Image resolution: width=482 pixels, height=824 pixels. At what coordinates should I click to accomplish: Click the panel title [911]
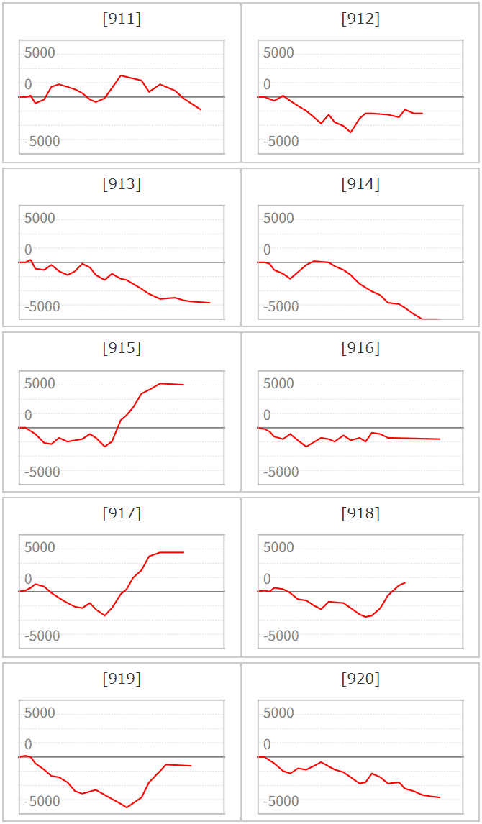[x=122, y=19]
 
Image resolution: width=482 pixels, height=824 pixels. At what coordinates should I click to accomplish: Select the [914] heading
[x=360, y=185]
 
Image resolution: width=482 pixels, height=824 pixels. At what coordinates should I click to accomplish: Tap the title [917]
[x=122, y=513]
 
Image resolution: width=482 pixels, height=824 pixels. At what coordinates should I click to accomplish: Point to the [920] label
[x=360, y=679]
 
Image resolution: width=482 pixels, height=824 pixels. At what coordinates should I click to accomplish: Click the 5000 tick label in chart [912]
[x=278, y=53]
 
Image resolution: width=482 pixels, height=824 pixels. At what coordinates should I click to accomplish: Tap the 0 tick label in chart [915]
[x=28, y=415]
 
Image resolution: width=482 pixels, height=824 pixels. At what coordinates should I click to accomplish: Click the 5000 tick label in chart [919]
[x=40, y=713]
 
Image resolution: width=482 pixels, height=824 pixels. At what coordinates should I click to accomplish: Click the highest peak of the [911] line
[x=121, y=75]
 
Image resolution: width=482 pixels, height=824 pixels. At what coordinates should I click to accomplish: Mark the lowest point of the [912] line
[x=350, y=132]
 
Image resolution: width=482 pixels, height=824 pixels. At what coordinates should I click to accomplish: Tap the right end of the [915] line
[x=183, y=385]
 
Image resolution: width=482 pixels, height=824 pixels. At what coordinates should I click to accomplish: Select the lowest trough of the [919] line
[x=127, y=807]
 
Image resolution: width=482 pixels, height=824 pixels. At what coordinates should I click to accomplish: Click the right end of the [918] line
[x=405, y=583]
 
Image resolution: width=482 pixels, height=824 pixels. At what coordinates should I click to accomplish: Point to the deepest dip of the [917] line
[x=105, y=615]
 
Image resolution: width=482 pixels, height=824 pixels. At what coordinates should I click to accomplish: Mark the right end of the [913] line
[x=210, y=303]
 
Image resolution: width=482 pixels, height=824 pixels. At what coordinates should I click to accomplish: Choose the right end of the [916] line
[x=440, y=439]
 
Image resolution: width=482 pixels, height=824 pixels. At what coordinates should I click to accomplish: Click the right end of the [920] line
[x=440, y=797]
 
